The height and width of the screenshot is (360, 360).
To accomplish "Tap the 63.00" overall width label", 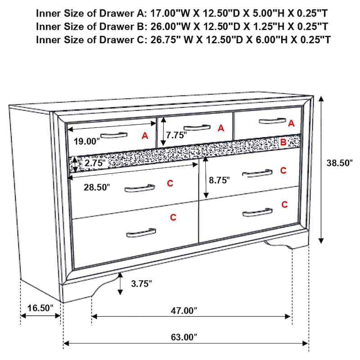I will click(184, 337).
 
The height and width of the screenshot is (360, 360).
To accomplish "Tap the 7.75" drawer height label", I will click(176, 135).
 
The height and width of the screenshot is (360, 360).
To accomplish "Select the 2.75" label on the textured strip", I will click(94, 163).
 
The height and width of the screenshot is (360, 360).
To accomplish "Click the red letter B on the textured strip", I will click(283, 142).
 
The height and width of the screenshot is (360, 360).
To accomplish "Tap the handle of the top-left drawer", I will click(113, 135).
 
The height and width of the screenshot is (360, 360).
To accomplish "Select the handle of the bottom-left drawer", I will click(141, 233).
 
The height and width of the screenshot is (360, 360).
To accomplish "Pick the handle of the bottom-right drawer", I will click(257, 212).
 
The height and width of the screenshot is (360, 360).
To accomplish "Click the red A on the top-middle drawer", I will click(220, 128).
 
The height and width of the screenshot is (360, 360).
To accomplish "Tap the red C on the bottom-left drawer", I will click(173, 218).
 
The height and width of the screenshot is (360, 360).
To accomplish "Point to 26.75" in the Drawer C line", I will click(163, 40).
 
